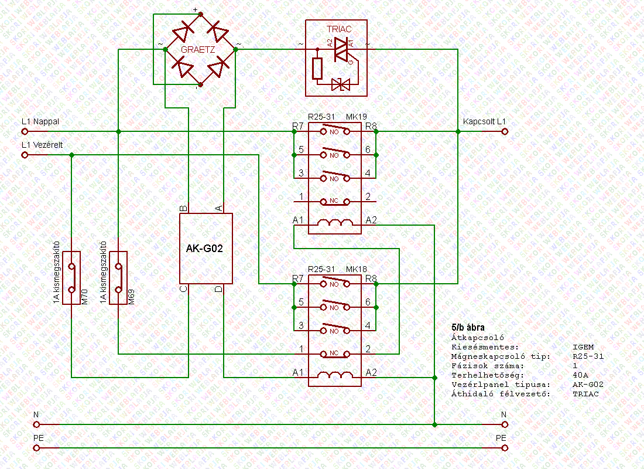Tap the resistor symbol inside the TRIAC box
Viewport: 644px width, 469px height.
[317, 69]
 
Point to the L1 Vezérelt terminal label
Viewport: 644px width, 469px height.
[42, 145]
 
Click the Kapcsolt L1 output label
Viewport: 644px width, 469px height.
[484, 121]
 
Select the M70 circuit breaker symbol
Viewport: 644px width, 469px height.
[71, 278]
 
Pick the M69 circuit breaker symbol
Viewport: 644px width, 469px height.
[119, 278]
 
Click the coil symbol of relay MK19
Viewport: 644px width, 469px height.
[334, 222]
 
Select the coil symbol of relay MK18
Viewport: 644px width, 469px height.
[334, 375]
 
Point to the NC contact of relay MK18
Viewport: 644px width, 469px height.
[334, 354]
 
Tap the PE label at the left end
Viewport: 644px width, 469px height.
[36, 438]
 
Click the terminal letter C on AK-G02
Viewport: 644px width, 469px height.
[183, 288]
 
